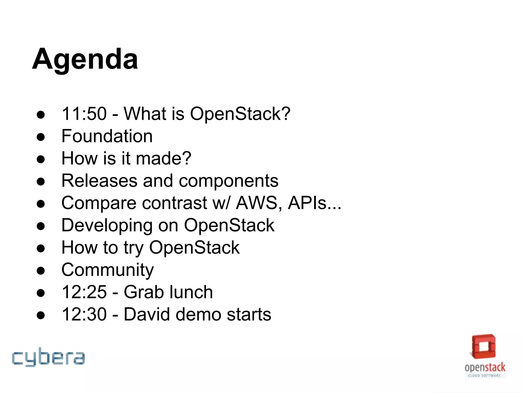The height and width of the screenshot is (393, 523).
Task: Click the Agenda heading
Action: click(85, 59)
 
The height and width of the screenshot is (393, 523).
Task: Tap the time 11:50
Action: click(84, 114)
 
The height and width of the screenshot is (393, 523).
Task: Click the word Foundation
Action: click(107, 136)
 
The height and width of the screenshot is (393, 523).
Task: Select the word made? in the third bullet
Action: click(163, 158)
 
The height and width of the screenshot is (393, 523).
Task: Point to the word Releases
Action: click(99, 181)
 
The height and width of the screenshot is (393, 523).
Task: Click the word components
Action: click(229, 181)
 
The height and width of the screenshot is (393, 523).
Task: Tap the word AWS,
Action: click(259, 203)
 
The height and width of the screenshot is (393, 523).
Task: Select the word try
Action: click(134, 248)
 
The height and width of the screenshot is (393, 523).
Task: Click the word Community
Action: click(108, 270)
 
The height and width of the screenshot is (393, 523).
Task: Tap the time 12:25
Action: click(84, 292)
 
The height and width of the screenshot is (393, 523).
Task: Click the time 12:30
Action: click(84, 314)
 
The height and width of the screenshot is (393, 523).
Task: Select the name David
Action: click(147, 314)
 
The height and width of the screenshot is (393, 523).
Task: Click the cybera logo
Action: click(48, 357)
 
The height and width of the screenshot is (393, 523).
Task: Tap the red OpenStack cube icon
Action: click(484, 347)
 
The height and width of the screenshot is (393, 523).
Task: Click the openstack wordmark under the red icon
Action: click(485, 367)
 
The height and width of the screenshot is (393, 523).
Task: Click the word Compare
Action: click(99, 203)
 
